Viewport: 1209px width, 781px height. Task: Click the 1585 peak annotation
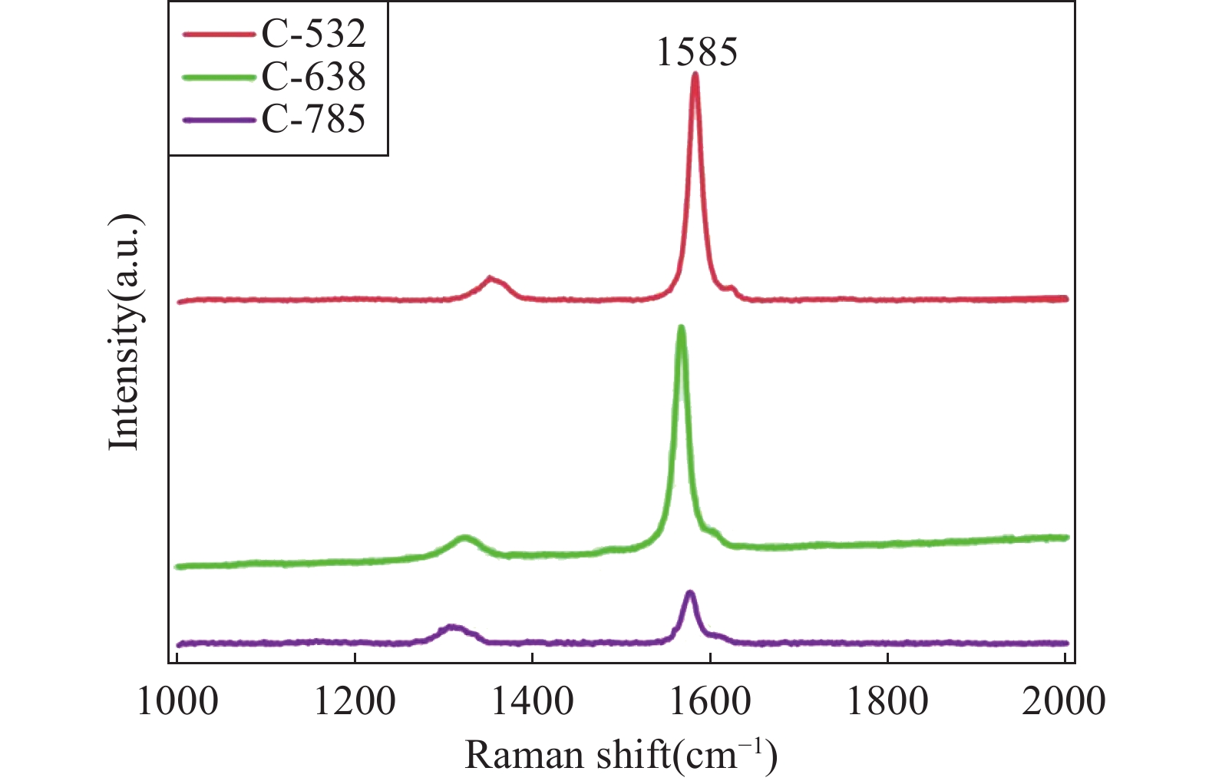[696, 52]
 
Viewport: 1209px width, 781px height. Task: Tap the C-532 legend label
[313, 34]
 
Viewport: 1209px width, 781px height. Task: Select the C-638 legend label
[313, 77]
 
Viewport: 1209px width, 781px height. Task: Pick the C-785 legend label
[313, 119]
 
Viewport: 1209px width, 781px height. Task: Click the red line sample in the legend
[219, 35]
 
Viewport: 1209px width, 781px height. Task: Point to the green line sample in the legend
[219, 77]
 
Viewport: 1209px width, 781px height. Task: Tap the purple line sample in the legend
[219, 120]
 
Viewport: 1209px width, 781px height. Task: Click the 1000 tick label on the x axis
[177, 702]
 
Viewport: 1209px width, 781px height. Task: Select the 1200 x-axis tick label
[355, 702]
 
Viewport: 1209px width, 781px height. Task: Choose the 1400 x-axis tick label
[532, 702]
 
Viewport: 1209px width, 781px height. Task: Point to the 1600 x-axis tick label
[710, 702]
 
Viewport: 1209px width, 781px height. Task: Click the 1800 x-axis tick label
[887, 702]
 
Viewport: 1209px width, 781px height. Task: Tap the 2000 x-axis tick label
[1064, 702]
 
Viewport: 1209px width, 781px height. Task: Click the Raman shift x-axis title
[621, 755]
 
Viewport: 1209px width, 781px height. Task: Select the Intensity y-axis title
[125, 332]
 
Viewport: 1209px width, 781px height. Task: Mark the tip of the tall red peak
[695, 74]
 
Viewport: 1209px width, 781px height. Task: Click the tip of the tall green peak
[681, 328]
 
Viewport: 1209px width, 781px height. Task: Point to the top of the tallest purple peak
[690, 592]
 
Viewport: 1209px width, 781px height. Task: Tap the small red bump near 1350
[491, 279]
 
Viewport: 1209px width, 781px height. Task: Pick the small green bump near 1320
[464, 538]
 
